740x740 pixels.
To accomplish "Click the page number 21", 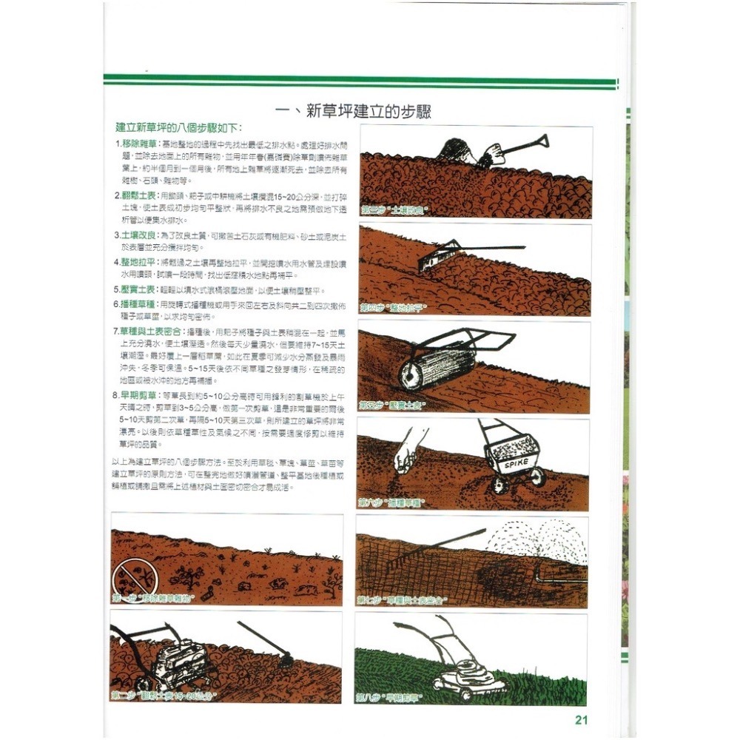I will [x=580, y=720].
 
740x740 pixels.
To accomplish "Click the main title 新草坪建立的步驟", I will [x=354, y=112].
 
